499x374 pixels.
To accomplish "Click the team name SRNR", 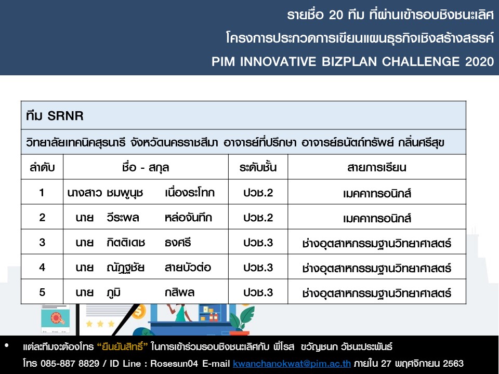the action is click(65, 116).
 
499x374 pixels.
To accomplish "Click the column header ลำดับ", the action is click(42, 167).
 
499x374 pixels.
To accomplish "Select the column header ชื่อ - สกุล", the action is click(146, 167).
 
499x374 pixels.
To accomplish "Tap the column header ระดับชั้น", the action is click(258, 167).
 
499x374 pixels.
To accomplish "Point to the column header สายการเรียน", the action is click(377, 167).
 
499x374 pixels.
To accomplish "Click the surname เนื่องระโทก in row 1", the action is click(190, 192).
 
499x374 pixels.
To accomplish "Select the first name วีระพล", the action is click(123, 218).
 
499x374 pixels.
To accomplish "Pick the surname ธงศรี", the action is click(178, 243).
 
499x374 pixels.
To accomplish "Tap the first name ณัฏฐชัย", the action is click(125, 268).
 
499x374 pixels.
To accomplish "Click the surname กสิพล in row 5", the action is click(179, 292).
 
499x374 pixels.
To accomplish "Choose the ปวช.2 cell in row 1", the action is click(258, 193).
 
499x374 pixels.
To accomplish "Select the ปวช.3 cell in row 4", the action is click(258, 268).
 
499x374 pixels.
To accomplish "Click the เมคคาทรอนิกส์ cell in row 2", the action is click(377, 218).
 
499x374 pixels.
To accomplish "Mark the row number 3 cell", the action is click(42, 243).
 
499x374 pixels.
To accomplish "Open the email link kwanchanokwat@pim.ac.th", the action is click(292, 363).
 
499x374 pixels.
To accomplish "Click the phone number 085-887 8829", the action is click(70, 363).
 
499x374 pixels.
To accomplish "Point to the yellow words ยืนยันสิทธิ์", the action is click(123, 346).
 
